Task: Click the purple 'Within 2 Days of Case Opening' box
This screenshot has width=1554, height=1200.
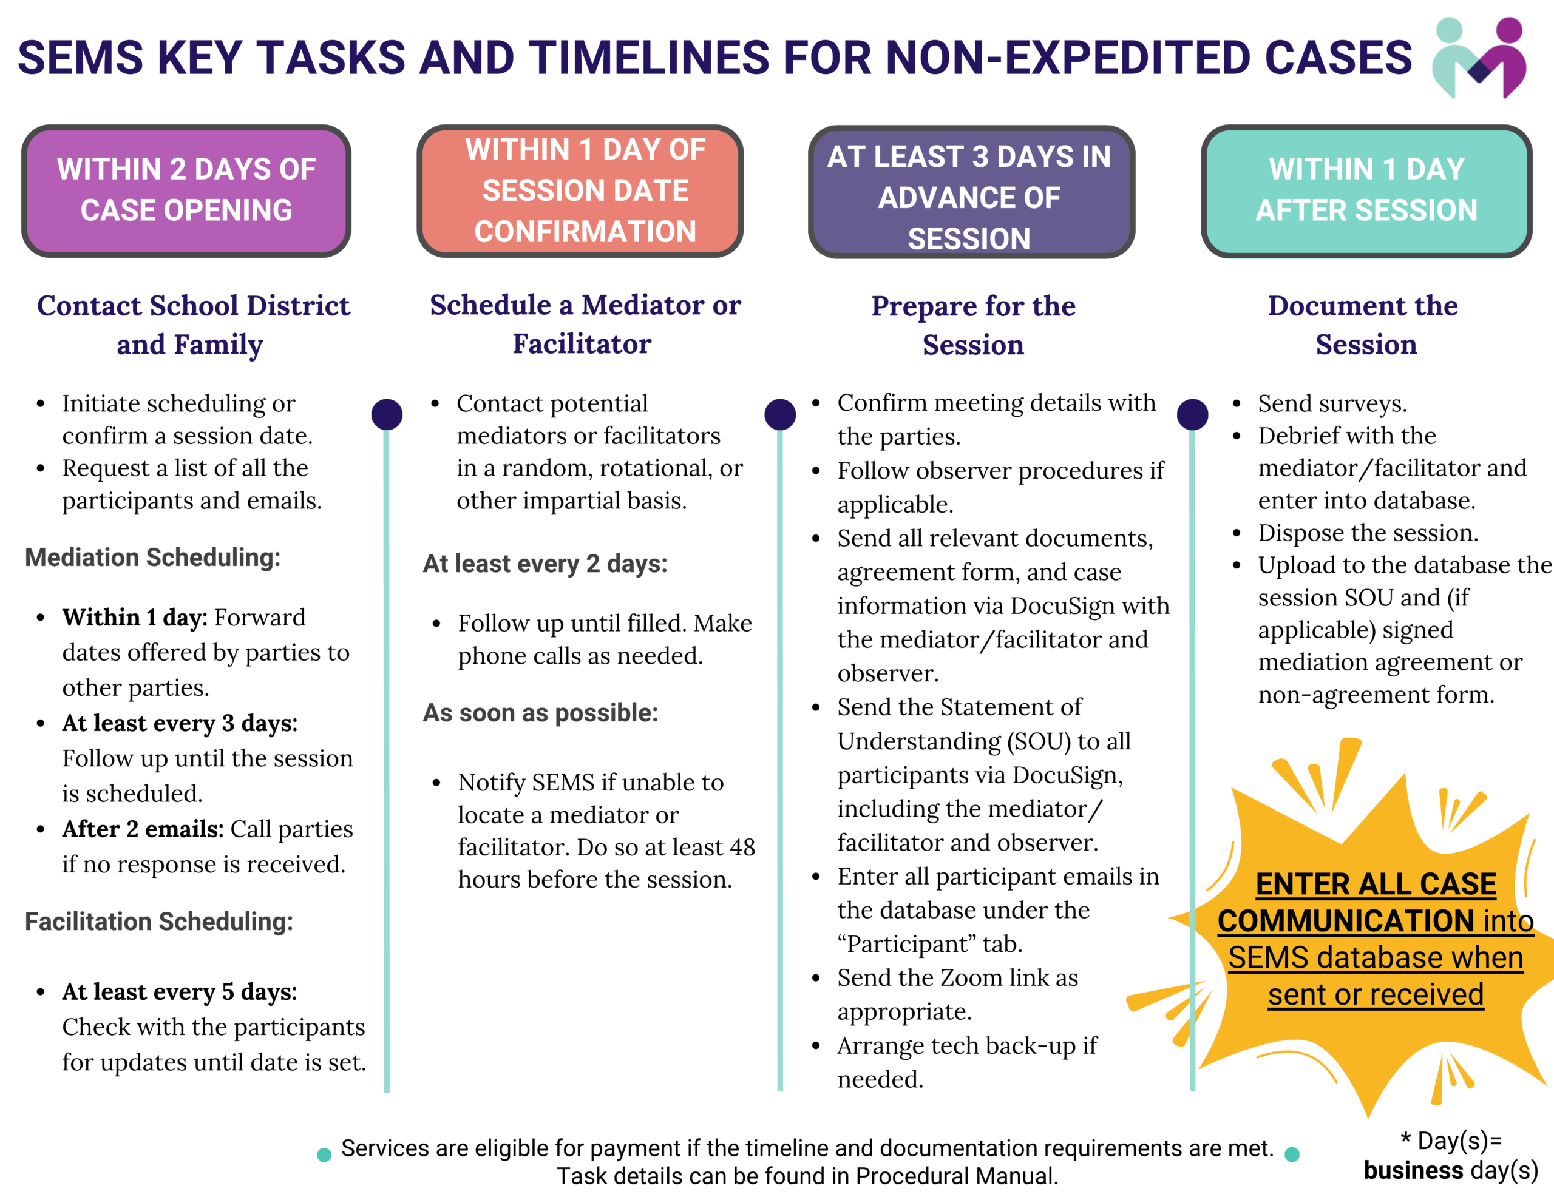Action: [x=186, y=190]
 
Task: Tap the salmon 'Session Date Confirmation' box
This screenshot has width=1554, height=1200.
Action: [x=580, y=190]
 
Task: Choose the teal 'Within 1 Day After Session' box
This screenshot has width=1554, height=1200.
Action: [x=1366, y=190]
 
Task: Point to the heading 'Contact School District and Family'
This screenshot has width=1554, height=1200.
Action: [x=192, y=325]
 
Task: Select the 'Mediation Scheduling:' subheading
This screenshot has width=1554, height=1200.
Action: [x=153, y=558]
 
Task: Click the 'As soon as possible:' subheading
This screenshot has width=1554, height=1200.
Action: [x=541, y=713]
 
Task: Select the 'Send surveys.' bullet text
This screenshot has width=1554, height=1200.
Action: [x=1332, y=403]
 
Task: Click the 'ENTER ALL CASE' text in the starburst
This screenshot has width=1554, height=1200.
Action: [x=1376, y=884]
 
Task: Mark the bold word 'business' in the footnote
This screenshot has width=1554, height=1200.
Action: [x=1413, y=1170]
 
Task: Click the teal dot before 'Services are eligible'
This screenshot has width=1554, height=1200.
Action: [x=324, y=1154]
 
